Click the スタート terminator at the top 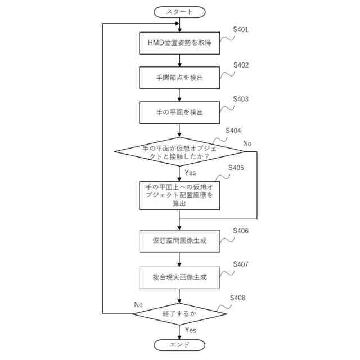pos(179,11)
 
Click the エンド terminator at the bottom pos(179,345)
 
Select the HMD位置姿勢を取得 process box pos(179,43)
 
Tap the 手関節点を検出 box pos(179,78)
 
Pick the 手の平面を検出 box pos(179,112)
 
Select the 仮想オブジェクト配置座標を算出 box pos(179,195)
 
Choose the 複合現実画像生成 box pos(179,277)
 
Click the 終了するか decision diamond pos(179,313)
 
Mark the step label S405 pos(236,168)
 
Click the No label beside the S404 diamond pos(247,144)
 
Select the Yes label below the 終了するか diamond pos(191,330)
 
